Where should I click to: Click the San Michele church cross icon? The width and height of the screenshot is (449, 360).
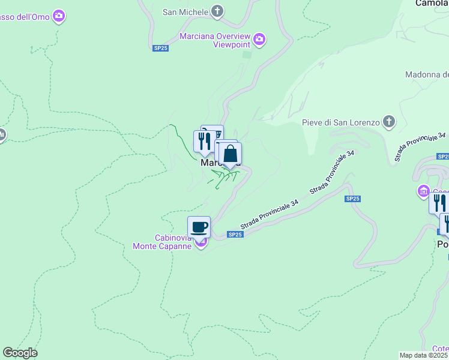tap(217, 11)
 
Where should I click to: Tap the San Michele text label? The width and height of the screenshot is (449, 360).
tap(185, 11)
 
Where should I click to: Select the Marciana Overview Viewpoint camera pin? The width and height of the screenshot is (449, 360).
tap(259, 40)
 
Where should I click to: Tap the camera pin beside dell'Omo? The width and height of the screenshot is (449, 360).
tap(58, 16)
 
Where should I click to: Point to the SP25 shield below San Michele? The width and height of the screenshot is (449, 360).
tap(160, 48)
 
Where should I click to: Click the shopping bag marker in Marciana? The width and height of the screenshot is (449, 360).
tap(230, 154)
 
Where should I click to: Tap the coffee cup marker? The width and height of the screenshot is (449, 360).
tap(199, 227)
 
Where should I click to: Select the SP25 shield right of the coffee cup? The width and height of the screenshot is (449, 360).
tap(235, 235)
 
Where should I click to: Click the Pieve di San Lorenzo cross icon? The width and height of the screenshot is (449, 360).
tap(389, 122)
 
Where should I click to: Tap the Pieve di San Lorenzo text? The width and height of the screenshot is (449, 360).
tap(341, 123)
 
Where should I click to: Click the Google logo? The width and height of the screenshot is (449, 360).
tap(20, 353)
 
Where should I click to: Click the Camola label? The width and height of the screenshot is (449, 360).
tap(432, 3)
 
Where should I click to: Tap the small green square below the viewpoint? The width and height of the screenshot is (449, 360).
tap(247, 55)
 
